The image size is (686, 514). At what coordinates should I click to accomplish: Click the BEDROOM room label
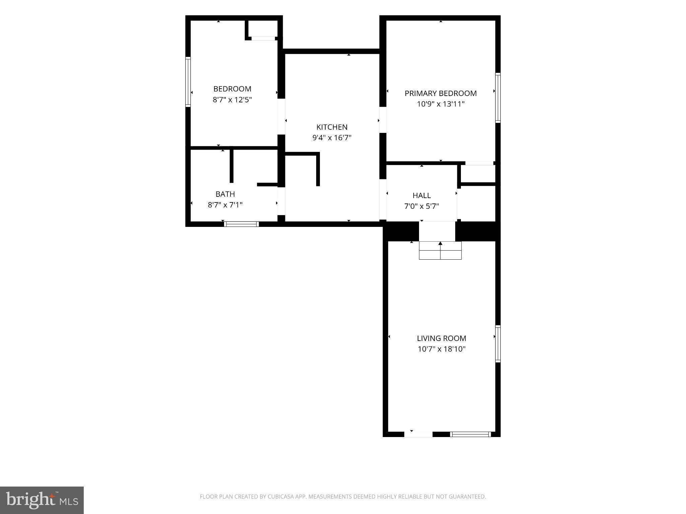coord(232,89)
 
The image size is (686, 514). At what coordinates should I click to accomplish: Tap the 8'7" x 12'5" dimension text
coord(232,100)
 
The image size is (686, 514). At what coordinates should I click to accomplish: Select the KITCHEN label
coord(332,127)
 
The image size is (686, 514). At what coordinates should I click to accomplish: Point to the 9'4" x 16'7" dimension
coord(332,138)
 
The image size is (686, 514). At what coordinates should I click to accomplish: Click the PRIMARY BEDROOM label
coord(440,93)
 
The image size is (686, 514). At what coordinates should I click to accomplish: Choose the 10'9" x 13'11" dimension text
coord(440,104)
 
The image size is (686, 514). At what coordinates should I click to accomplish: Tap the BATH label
coord(225,194)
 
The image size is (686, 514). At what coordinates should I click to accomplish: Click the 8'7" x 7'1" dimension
coord(225,205)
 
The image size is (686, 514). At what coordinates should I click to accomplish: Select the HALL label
coord(421,195)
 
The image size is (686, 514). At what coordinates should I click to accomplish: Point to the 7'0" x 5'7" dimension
coord(421,206)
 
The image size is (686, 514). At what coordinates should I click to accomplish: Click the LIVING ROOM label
coord(441,338)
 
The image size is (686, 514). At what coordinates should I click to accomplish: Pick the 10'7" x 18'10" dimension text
coord(441,349)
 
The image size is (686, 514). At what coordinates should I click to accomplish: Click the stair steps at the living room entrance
coord(440,250)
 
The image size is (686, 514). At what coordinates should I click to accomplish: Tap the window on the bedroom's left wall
coord(188,82)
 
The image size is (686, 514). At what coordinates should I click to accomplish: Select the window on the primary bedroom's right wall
coord(498,98)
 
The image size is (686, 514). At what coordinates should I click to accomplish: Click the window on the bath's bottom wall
coord(241,224)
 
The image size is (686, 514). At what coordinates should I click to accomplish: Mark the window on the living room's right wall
coord(498,344)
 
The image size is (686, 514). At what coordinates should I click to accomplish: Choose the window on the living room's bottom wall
coord(471,434)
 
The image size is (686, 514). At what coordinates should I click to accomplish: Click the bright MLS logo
coord(42,500)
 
